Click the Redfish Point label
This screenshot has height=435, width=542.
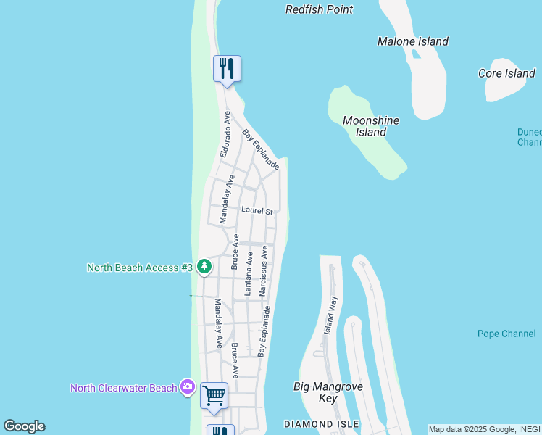pyautogui.click(x=319, y=10)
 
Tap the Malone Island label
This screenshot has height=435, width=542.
pyautogui.click(x=413, y=42)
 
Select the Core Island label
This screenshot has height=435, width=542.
pyautogui.click(x=506, y=73)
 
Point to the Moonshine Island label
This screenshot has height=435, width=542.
pyautogui.click(x=371, y=126)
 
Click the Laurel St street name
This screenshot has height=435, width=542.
pyautogui.click(x=257, y=212)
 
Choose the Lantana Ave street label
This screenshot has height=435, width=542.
pyautogui.click(x=249, y=274)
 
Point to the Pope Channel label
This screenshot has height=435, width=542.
pyautogui.click(x=506, y=334)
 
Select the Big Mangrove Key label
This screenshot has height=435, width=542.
pyautogui.click(x=328, y=392)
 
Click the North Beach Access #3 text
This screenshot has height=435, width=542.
pyautogui.click(x=140, y=268)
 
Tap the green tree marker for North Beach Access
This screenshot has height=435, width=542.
pyautogui.click(x=204, y=267)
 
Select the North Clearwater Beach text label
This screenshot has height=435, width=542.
pyautogui.click(x=123, y=388)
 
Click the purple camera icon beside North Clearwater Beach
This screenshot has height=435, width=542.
pyautogui.click(x=188, y=387)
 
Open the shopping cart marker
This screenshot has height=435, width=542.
pyautogui.click(x=214, y=396)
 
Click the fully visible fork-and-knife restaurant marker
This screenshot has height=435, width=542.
pyautogui.click(x=227, y=69)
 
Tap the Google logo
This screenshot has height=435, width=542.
pyautogui.click(x=24, y=426)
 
